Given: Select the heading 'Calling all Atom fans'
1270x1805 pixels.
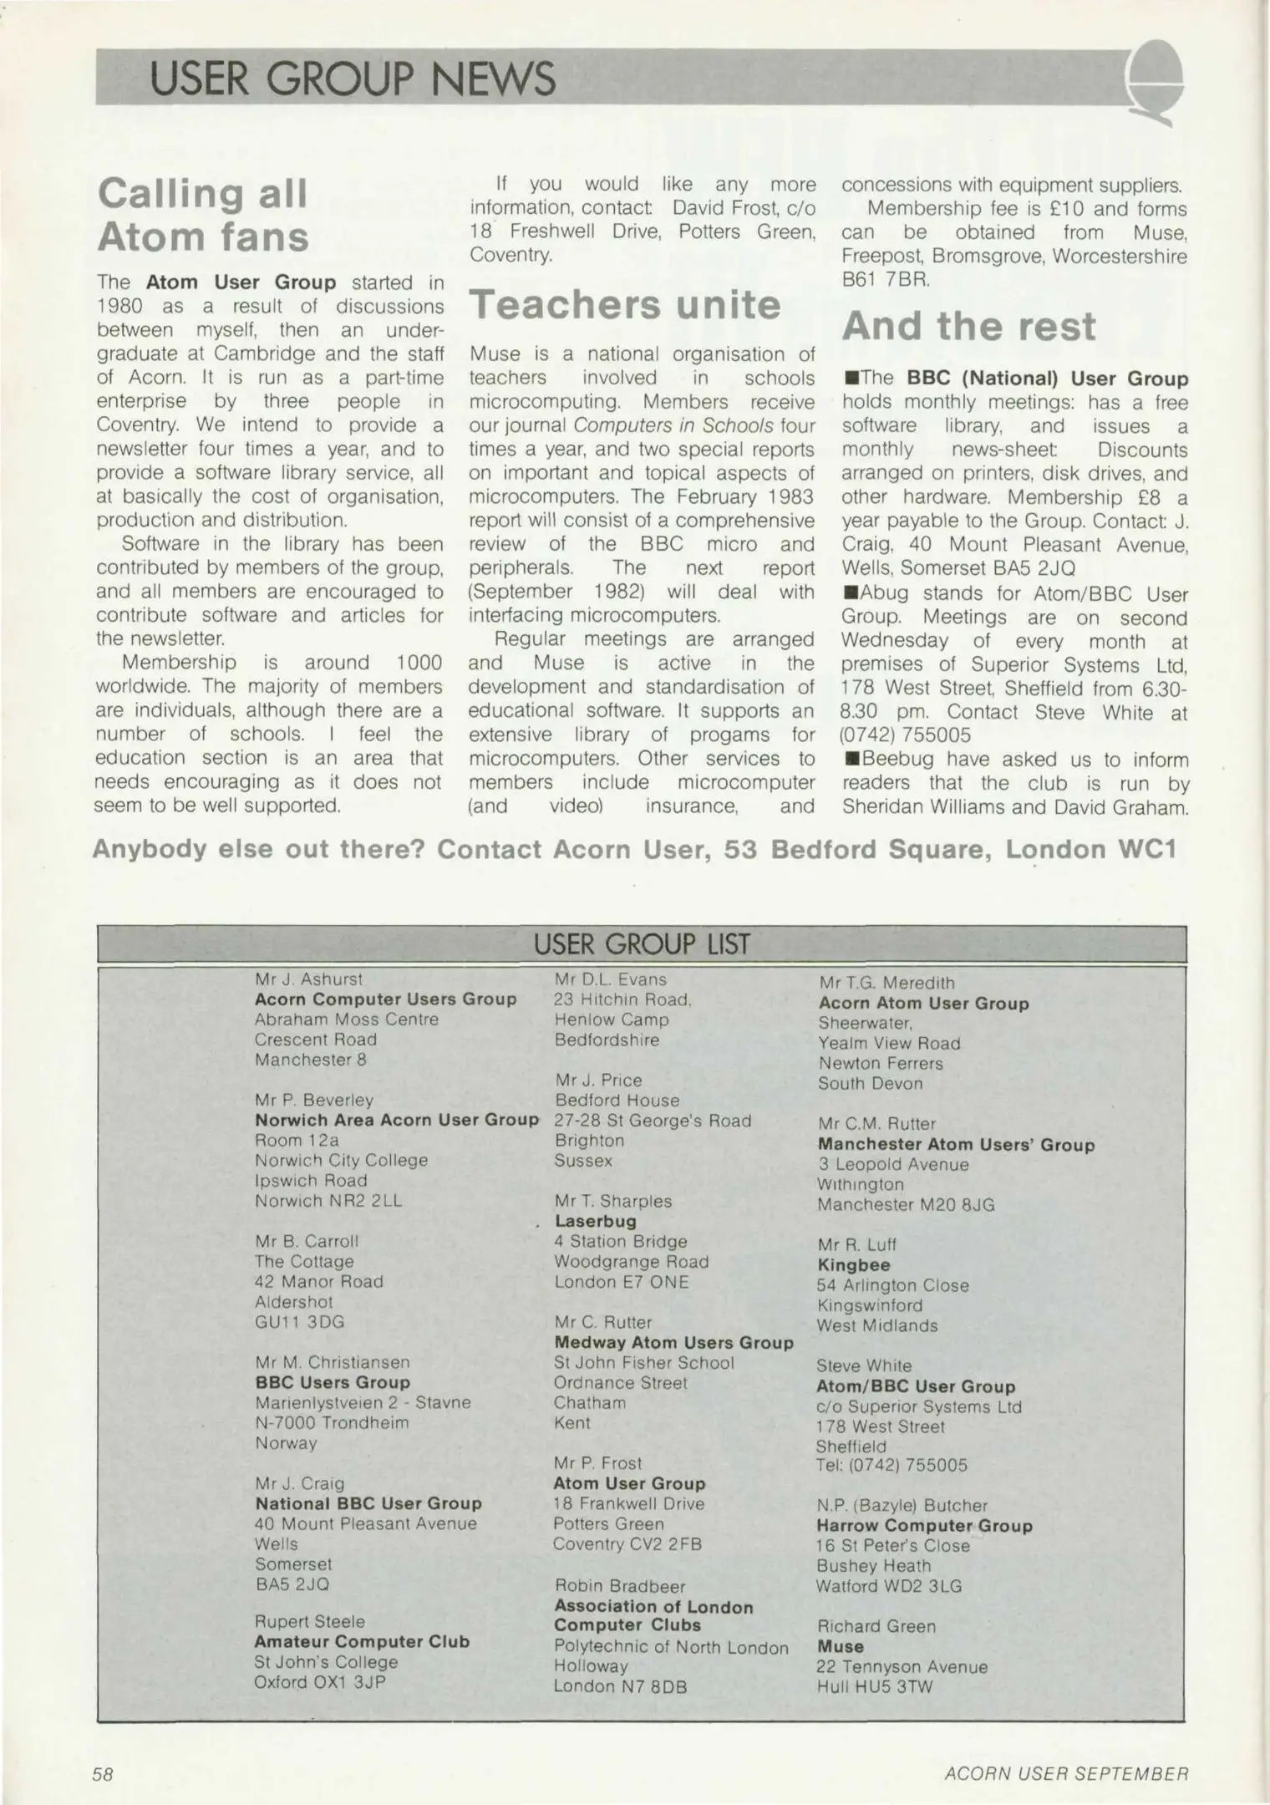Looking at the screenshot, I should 203,215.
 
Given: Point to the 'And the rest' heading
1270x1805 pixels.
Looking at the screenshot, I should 968,326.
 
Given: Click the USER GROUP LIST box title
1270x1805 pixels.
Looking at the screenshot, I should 642,944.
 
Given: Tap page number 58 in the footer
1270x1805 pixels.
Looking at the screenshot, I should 103,1774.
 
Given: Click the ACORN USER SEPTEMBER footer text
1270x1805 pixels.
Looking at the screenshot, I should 1065,1774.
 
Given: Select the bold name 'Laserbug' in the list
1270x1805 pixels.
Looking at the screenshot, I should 595,1222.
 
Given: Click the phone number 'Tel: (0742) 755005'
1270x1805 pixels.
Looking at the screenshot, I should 892,1465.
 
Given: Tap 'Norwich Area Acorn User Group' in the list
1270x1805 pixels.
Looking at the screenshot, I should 397,1120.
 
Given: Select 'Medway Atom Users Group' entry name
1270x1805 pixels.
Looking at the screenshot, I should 673,1343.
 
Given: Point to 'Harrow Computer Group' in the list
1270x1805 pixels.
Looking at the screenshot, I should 924,1526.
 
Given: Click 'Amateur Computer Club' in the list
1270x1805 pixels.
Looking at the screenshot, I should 362,1641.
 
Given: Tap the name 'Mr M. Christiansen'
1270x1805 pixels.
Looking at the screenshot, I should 333,1363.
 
